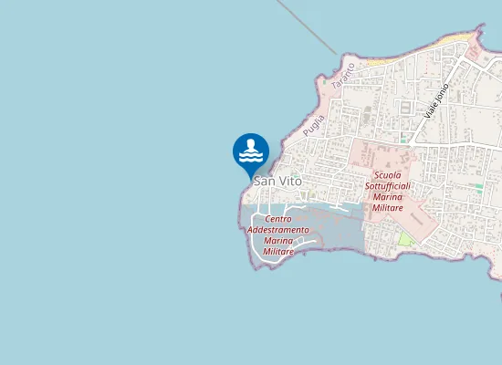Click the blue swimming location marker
[251, 152]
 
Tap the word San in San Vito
[263, 182]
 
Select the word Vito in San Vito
[289, 182]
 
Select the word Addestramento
[278, 230]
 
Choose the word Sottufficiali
[388, 185]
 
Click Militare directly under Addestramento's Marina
[278, 251]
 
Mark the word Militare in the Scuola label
[388, 207]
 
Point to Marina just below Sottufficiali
[388, 196]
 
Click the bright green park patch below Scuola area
[404, 239]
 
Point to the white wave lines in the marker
[251, 157]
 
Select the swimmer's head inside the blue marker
[251, 142]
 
